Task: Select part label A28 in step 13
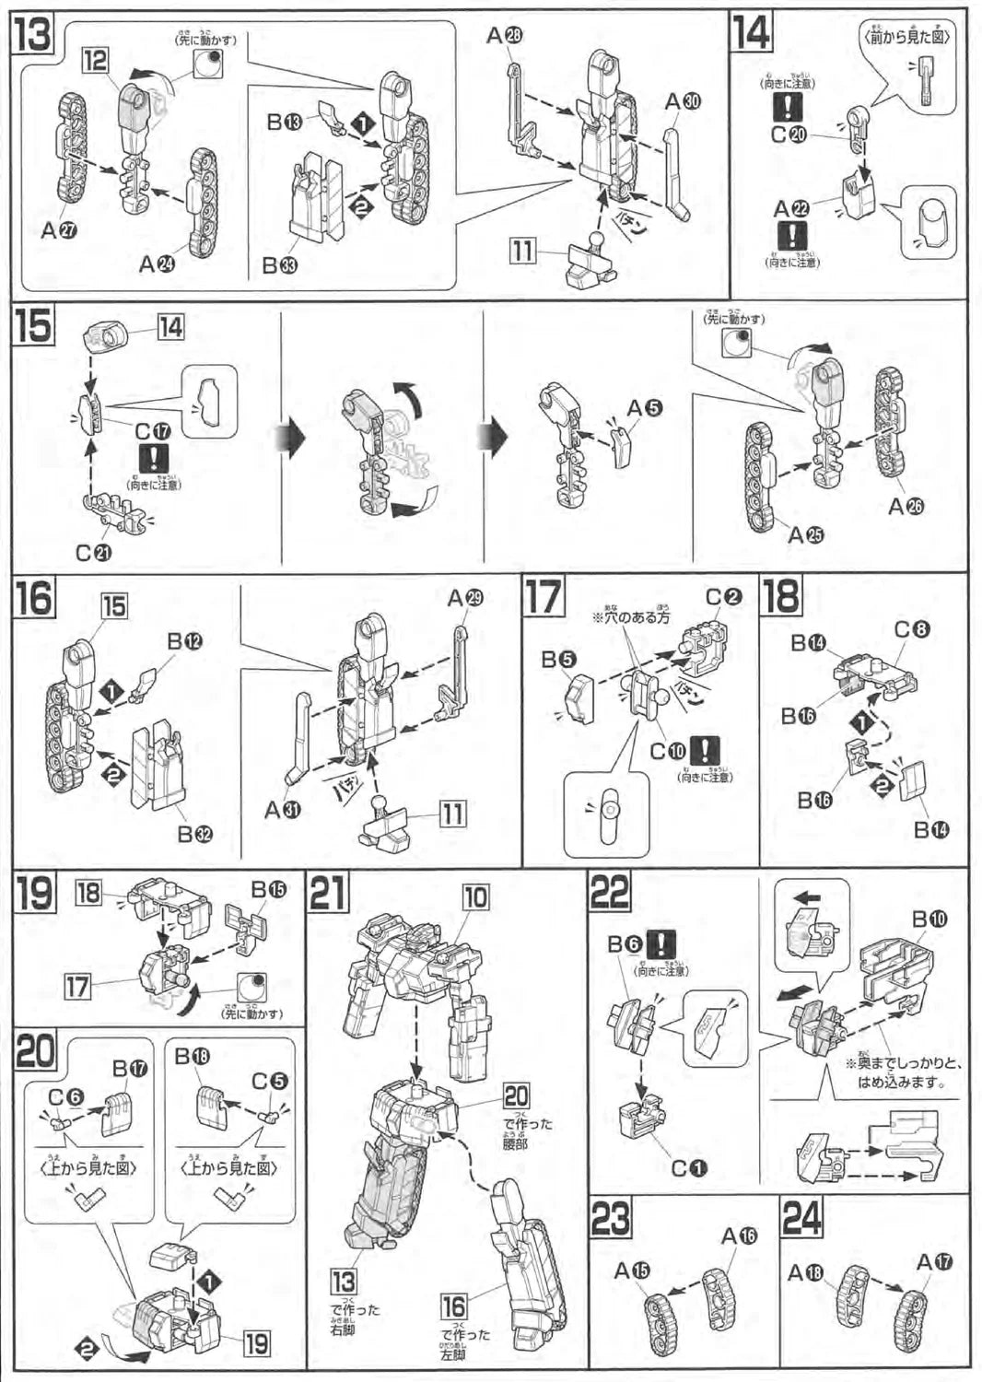(x=503, y=35)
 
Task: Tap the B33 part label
(x=282, y=265)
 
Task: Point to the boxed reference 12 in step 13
(x=95, y=62)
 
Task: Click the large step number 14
(x=752, y=33)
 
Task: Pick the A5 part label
(x=644, y=406)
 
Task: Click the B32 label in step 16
(x=195, y=834)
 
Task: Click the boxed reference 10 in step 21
(x=475, y=896)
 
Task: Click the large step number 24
(x=801, y=1218)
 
